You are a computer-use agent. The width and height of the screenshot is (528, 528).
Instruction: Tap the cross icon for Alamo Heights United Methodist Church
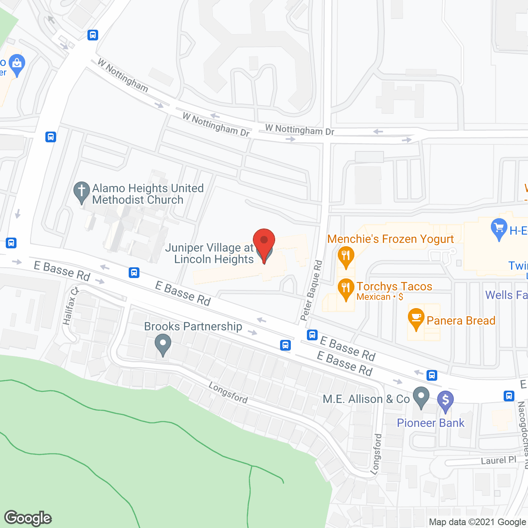pyautogui.click(x=82, y=191)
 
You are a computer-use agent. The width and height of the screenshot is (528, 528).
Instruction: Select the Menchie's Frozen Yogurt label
pyautogui.click(x=390, y=239)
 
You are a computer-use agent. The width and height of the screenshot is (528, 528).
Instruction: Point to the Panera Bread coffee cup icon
pyautogui.click(x=416, y=318)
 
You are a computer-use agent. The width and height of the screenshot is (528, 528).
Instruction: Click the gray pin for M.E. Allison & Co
pyautogui.click(x=421, y=396)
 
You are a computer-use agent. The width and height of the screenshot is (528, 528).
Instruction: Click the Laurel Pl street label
pyautogui.click(x=498, y=460)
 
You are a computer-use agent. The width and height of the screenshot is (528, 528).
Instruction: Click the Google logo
pyautogui.click(x=28, y=518)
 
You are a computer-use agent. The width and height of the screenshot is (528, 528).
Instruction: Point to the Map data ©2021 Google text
pyautogui.click(x=478, y=522)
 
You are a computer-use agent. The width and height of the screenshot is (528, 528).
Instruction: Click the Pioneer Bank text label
pyautogui.click(x=431, y=423)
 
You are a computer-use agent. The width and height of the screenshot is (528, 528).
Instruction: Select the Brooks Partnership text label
pyautogui.click(x=193, y=326)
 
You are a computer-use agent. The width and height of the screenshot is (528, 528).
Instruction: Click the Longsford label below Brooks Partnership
pyautogui.click(x=228, y=392)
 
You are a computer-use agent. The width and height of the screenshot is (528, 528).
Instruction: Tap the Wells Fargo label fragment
pyautogui.click(x=506, y=295)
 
